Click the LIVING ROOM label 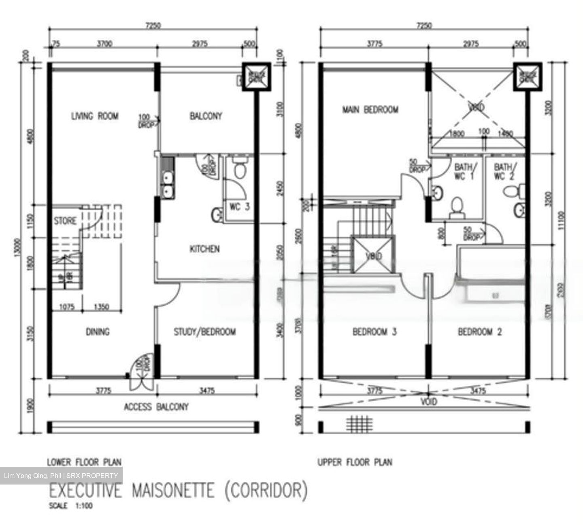pos(95,117)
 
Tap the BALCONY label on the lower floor pos(206,117)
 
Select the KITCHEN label pos(204,249)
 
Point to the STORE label pos(65,221)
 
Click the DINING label pos(98,332)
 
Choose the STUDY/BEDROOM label pos(204,332)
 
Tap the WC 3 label pos(240,207)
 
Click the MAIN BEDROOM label pos(370,110)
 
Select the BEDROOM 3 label pos(374,332)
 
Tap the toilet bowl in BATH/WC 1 pos(457,206)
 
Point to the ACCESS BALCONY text pos(156,407)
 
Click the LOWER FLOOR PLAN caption pos(84,462)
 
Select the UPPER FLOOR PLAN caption pos(355,462)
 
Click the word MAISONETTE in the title pos(172,491)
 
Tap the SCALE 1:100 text pos(70,506)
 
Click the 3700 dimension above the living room pos(104,44)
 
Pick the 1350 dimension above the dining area pos(101,307)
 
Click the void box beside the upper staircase pos(373,255)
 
